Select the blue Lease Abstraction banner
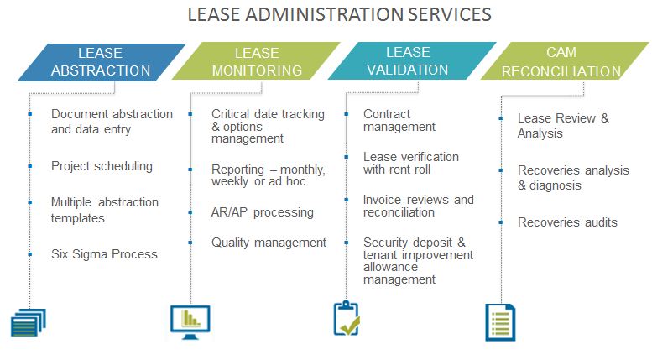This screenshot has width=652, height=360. pos(100,61)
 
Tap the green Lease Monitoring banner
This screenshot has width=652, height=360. pos(256,61)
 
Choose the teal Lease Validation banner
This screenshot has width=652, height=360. pos(409,60)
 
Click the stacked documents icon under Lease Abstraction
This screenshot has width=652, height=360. pos(28,321)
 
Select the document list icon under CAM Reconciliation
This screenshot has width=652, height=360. pos(500,322)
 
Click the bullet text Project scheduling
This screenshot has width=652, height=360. pos(102,166)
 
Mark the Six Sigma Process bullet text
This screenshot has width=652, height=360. pos(104,253)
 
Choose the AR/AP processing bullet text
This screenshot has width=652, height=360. pos(263,212)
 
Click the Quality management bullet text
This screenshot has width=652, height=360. pos(269,243)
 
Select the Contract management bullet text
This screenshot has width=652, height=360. pos(399,120)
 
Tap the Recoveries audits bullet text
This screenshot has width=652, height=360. pos(567,222)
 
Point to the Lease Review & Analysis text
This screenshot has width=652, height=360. pos(563,126)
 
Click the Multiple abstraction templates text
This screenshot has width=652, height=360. pos(104,210)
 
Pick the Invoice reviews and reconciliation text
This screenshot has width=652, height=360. pos(418,206)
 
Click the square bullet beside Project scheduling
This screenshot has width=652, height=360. pos(30,166)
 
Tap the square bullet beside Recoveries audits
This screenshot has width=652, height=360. pos(501,222)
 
